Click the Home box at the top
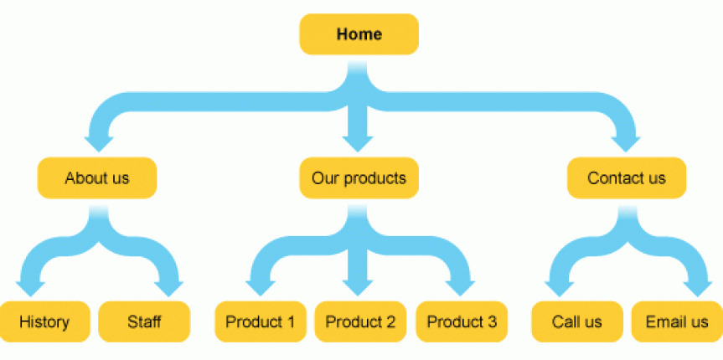(359, 34)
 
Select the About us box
(97, 178)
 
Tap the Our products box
(359, 178)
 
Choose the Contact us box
(627, 178)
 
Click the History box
(44, 321)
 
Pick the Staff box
(144, 321)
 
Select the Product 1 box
(261, 321)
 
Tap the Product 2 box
(360, 321)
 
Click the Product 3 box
(462, 321)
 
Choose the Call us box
(577, 321)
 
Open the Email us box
(677, 321)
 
